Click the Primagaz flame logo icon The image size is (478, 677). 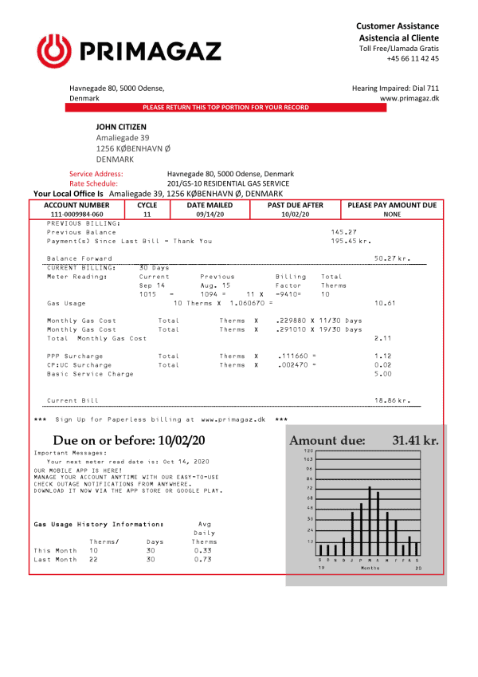(53, 53)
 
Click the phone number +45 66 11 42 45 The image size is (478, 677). (413, 58)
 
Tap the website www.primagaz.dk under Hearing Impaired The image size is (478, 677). (409, 98)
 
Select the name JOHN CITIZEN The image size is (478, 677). (121, 126)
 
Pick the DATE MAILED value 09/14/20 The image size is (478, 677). (210, 215)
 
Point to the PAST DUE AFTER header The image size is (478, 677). (296, 205)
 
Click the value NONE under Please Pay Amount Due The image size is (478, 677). (392, 215)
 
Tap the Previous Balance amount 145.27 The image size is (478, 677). (343, 232)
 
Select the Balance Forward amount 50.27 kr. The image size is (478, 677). (392, 258)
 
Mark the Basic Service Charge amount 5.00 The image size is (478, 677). (383, 373)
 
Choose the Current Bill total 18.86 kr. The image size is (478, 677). (392, 400)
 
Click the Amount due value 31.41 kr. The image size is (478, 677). (415, 440)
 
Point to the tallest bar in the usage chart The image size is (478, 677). (370, 521)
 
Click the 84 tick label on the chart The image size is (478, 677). (309, 478)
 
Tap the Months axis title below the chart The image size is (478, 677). (370, 568)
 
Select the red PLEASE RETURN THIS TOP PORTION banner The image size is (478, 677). (225, 107)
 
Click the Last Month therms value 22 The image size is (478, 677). (93, 559)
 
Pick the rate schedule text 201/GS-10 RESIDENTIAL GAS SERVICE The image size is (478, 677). (228, 183)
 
